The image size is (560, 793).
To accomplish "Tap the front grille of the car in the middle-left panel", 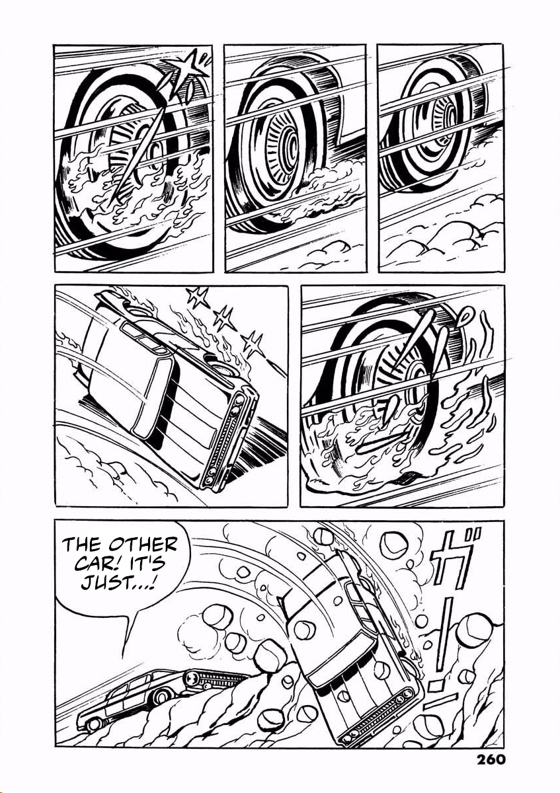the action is click(223, 438).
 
